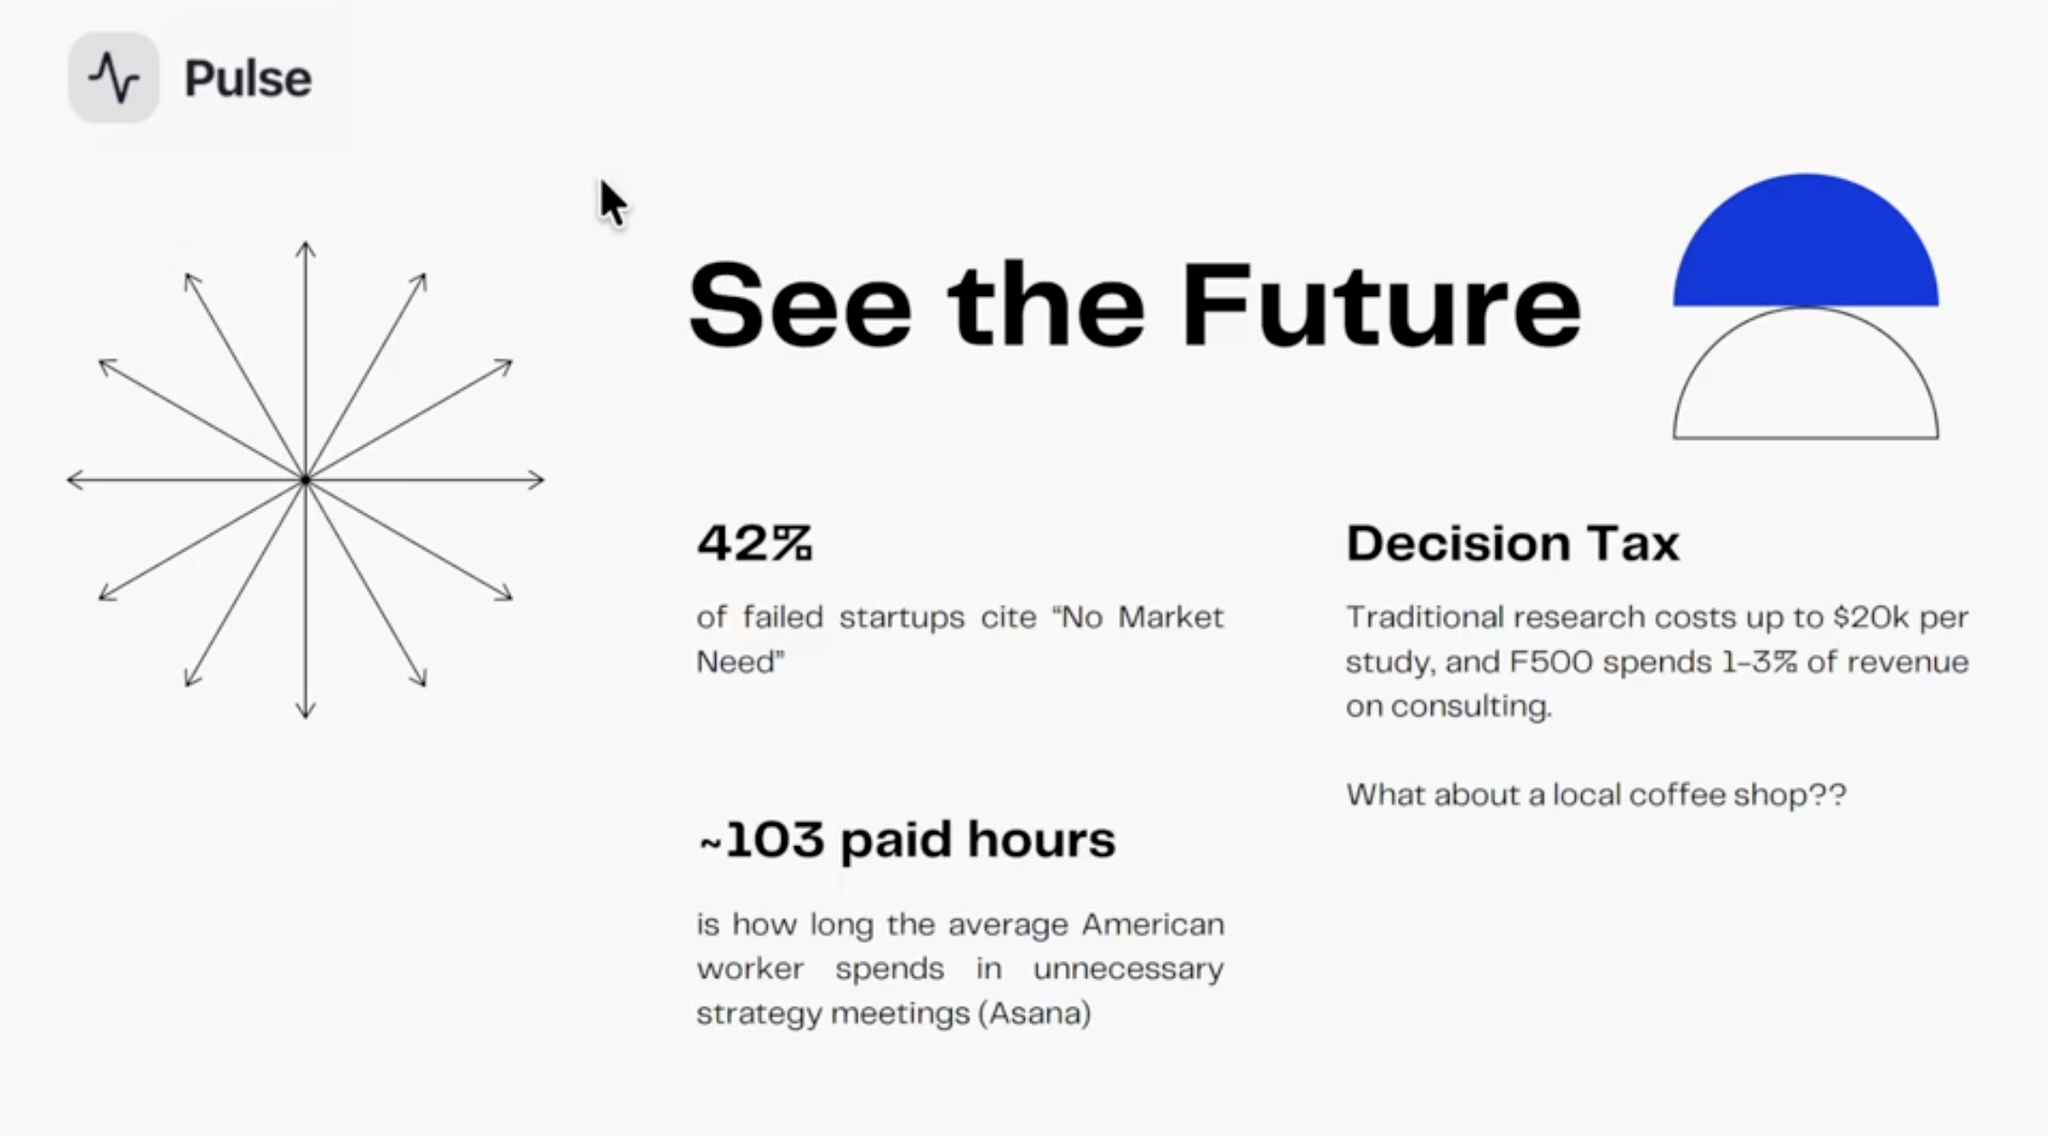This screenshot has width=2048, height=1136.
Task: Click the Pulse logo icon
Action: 114,78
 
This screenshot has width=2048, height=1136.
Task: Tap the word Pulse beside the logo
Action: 247,79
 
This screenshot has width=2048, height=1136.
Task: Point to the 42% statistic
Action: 754,543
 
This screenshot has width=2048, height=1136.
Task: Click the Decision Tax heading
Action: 1512,544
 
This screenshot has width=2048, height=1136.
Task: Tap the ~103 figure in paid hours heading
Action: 763,840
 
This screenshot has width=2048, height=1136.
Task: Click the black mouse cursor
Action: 611,202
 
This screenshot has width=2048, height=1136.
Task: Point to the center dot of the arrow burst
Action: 305,480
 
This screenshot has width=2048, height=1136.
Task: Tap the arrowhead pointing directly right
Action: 537,480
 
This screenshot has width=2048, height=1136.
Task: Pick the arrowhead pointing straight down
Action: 305,712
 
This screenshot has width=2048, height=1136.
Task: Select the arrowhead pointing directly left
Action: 74,480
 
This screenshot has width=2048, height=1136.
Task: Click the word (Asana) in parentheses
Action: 1035,1013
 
